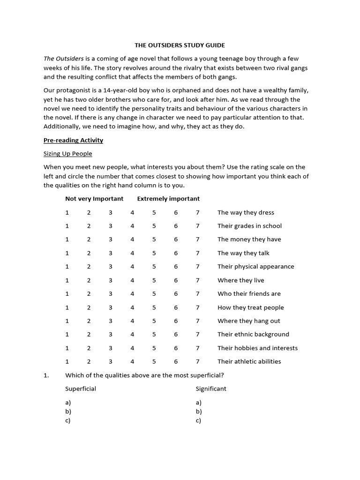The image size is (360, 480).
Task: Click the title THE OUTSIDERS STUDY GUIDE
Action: [x=180, y=45]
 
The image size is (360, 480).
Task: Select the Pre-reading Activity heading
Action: [x=73, y=140]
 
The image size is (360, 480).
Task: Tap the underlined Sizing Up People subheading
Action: [x=68, y=154]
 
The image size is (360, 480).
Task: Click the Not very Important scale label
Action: [x=94, y=199]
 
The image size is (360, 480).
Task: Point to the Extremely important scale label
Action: [x=168, y=199]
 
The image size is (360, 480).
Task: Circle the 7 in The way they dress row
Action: [x=198, y=212]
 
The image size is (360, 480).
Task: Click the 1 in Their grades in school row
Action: [x=67, y=226]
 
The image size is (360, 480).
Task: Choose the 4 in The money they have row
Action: [x=132, y=240]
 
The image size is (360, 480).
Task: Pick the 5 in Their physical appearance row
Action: [x=154, y=267]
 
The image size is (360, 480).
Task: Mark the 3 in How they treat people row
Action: [x=111, y=307]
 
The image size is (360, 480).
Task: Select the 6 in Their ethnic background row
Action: [x=176, y=335]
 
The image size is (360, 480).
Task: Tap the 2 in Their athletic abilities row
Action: [x=89, y=361]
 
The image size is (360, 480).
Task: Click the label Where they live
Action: [x=240, y=280]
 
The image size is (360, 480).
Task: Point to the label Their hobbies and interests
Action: [x=257, y=348]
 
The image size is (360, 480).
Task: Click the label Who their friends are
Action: [x=249, y=294]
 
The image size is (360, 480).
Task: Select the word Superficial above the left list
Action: [x=81, y=389]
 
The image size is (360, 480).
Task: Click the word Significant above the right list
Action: [x=211, y=389]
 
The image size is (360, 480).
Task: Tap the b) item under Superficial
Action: [x=68, y=412]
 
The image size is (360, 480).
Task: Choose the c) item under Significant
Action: [x=199, y=420]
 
